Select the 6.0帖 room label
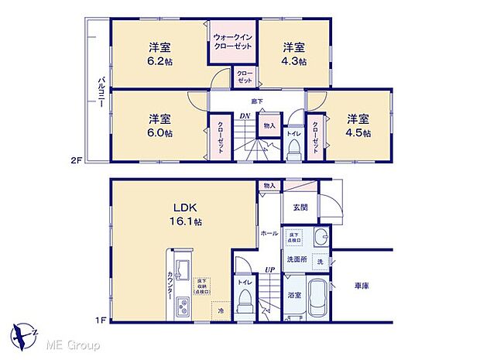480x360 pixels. (161, 125)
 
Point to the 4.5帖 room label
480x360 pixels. (357, 125)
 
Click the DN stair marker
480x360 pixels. (245, 116)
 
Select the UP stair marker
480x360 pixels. (271, 269)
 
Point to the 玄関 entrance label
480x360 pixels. (301, 207)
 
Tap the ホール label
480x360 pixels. (269, 232)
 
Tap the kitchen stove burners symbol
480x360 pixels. (183, 307)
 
